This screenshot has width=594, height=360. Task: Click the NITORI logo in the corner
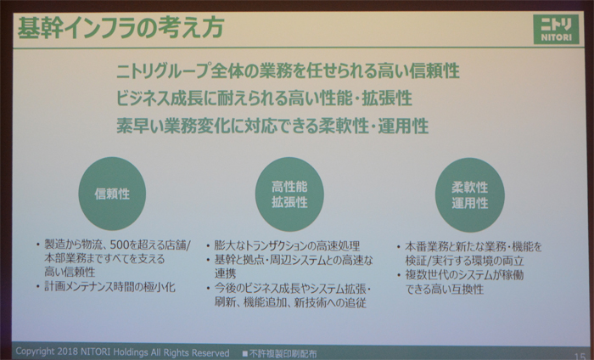(x=556, y=30)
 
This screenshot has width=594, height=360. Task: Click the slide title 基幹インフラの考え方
(x=120, y=28)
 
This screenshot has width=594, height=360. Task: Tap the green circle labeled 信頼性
(x=112, y=194)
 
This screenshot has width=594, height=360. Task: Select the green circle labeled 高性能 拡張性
(x=289, y=194)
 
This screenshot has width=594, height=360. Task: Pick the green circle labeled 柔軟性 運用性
(x=470, y=194)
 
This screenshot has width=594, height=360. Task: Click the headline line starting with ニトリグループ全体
(x=288, y=70)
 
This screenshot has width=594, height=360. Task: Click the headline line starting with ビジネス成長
(x=264, y=98)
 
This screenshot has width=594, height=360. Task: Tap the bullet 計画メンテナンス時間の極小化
(x=109, y=287)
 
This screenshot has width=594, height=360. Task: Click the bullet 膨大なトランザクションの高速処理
(x=287, y=245)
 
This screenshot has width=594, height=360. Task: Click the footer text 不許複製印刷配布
(x=282, y=353)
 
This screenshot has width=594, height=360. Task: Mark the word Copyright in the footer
(x=35, y=352)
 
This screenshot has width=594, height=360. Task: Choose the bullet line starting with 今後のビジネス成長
(x=292, y=289)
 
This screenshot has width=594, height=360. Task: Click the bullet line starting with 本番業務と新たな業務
(x=474, y=247)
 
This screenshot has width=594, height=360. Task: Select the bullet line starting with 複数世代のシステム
(x=464, y=275)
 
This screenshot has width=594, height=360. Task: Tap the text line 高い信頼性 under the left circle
(x=70, y=272)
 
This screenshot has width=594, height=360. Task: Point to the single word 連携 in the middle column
(x=226, y=273)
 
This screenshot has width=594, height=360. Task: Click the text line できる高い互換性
(x=445, y=290)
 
